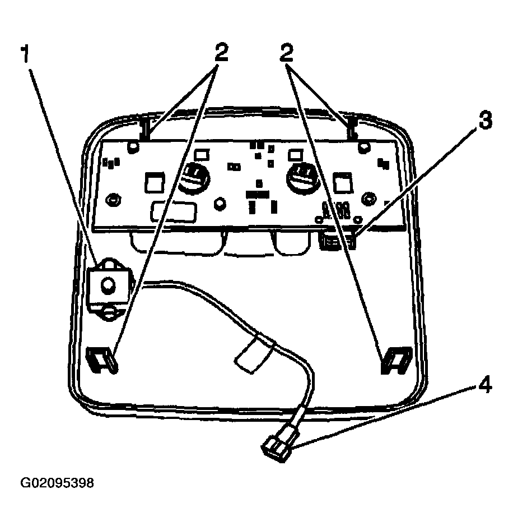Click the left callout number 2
click(x=221, y=52)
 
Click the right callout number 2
click(x=286, y=52)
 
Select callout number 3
click(x=485, y=121)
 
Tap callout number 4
click(x=484, y=384)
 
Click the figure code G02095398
click(x=57, y=483)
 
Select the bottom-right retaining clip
click(x=397, y=360)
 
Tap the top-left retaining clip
click(x=145, y=128)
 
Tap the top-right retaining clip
click(x=351, y=128)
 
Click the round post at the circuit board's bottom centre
click(x=220, y=204)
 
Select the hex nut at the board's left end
click(x=113, y=200)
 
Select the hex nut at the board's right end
click(x=369, y=199)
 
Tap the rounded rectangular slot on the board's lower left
click(x=174, y=212)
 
